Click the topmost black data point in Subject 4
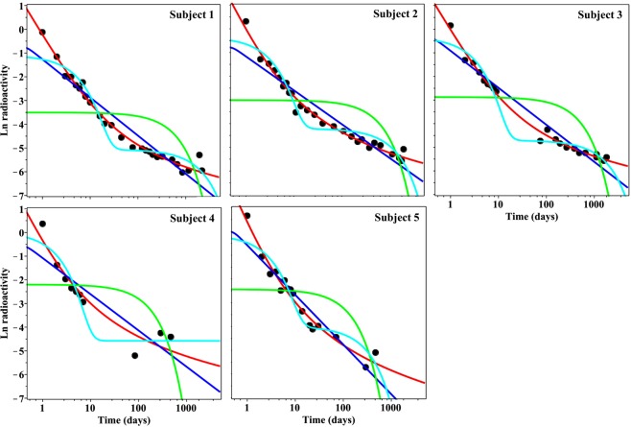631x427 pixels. pyautogui.click(x=42, y=224)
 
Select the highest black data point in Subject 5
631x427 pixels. pyautogui.click(x=246, y=215)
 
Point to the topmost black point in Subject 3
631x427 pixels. pyautogui.click(x=451, y=25)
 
